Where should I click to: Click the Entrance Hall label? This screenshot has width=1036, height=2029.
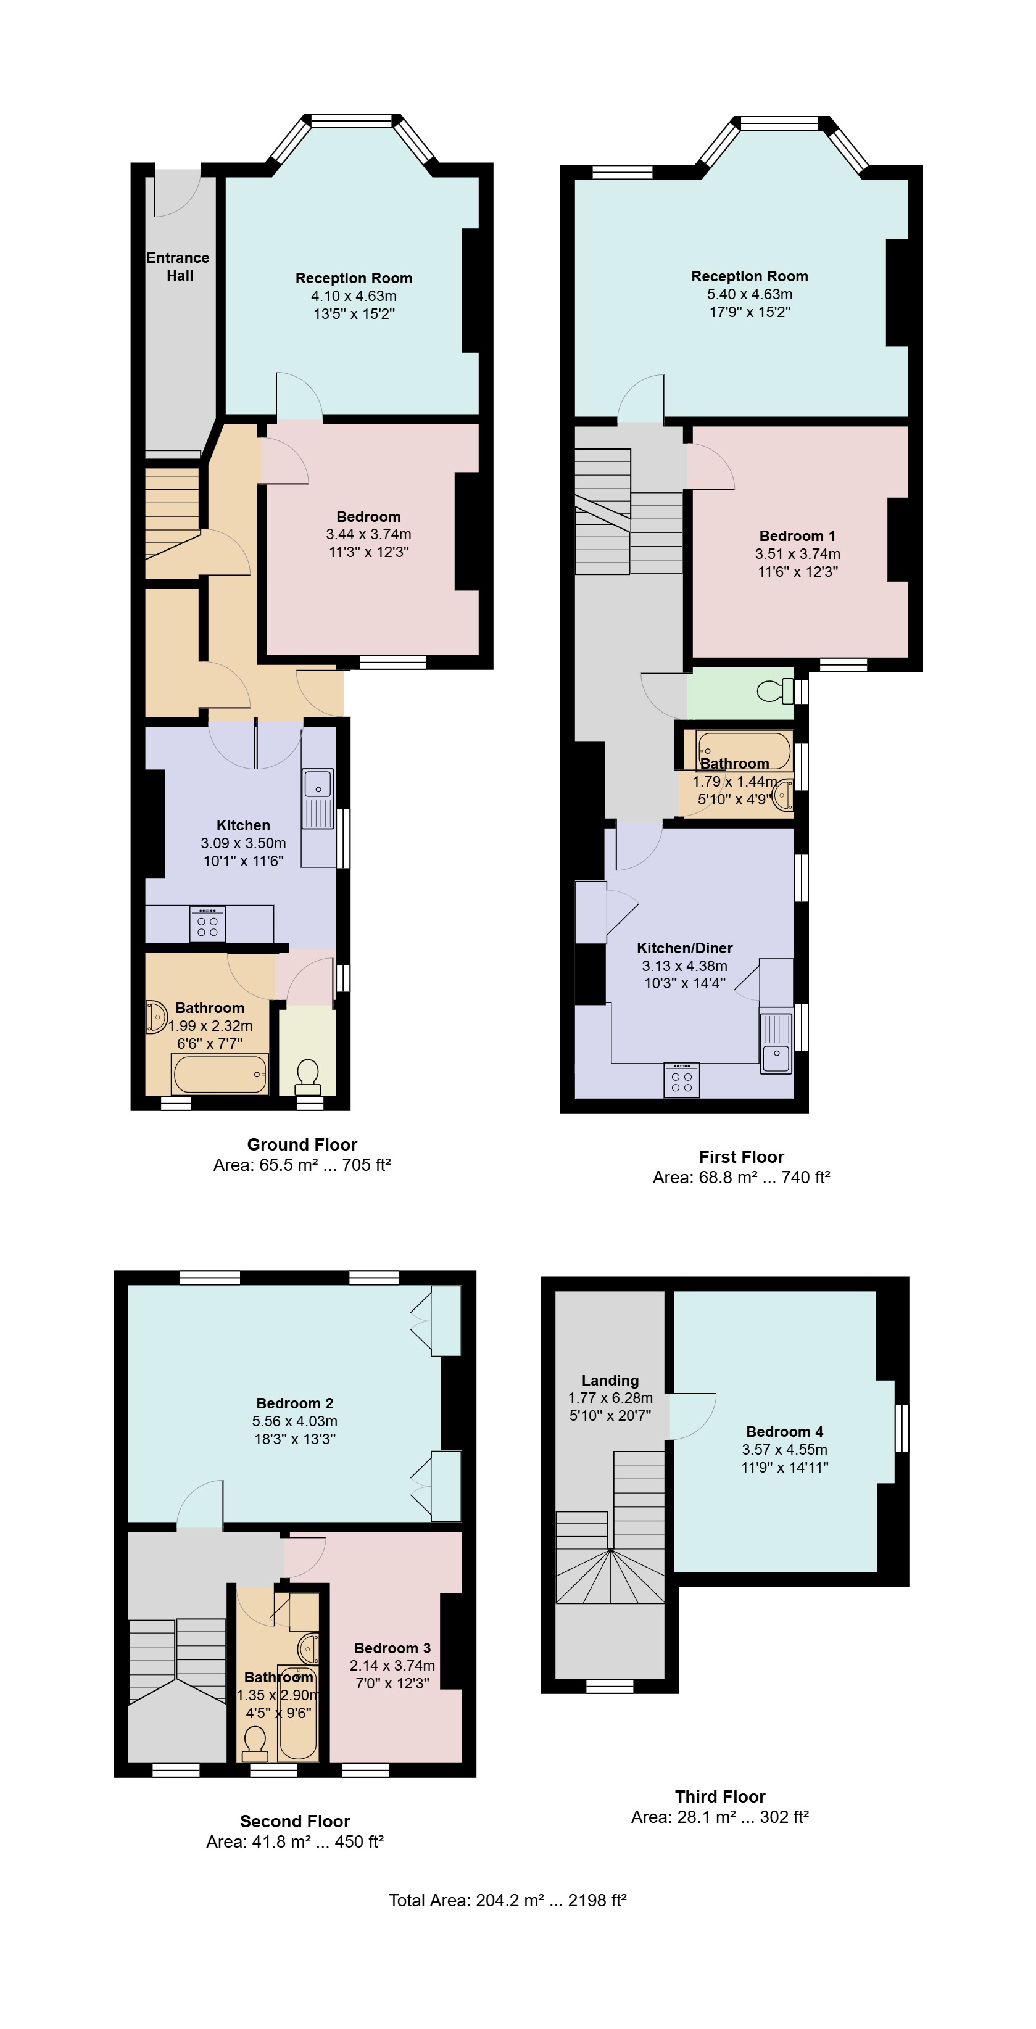point(178,267)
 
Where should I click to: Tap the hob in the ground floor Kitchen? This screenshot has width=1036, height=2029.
point(208,925)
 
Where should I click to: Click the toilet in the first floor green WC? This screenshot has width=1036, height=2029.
point(775,691)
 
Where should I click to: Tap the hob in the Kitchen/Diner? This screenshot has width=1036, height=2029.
point(681,1080)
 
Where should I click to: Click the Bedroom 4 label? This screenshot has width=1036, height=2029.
point(785,1431)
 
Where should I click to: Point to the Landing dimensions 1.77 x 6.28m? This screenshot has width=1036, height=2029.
point(611,1397)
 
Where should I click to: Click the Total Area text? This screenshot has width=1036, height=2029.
point(507,1900)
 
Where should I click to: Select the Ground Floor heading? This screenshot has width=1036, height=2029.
point(302,1144)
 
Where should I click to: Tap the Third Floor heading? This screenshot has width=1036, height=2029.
point(720,1796)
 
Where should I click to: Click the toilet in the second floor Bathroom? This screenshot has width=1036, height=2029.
point(254,1743)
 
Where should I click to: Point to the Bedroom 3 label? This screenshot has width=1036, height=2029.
point(392,1648)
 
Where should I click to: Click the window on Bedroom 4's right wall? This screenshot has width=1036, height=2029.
point(902,1428)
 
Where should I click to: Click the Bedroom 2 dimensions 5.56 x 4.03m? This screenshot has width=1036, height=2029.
point(295,1421)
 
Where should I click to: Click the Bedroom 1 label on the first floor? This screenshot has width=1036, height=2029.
point(797,535)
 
